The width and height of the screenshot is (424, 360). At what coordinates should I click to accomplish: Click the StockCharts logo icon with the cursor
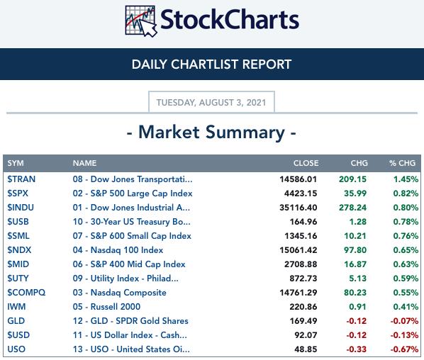tap(140, 21)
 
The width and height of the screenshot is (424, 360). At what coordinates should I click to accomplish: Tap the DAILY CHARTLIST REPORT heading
tap(211, 64)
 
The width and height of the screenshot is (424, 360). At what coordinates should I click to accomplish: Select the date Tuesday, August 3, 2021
tap(211, 103)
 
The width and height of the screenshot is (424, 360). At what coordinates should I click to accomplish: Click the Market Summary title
tap(211, 132)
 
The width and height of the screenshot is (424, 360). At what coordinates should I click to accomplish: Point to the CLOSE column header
tap(306, 163)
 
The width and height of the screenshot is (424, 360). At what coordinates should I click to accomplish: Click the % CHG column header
tap(402, 163)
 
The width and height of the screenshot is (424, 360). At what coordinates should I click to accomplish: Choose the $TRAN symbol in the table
tap(21, 179)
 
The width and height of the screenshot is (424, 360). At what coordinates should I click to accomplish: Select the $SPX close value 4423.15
tap(301, 193)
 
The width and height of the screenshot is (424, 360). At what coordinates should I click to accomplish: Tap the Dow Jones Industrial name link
tap(131, 208)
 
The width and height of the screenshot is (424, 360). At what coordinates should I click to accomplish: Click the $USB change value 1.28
tap(358, 222)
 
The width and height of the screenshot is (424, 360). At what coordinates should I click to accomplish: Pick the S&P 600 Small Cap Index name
tap(132, 236)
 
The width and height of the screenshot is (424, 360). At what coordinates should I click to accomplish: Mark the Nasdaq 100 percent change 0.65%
tap(406, 250)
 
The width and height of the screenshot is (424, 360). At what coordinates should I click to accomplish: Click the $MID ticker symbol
tap(18, 264)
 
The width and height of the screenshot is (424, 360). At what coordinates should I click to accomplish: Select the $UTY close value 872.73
tap(303, 279)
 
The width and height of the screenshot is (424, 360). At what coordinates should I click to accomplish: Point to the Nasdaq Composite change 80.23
tap(355, 293)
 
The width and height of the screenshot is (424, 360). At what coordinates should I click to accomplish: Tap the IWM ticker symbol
tap(16, 307)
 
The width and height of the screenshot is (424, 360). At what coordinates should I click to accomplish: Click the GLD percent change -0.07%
tap(404, 321)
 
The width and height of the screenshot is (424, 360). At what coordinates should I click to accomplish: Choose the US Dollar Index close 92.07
tap(306, 335)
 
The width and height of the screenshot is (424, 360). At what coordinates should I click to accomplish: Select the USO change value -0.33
tap(357, 349)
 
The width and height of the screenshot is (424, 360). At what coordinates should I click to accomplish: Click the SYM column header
tap(16, 163)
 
